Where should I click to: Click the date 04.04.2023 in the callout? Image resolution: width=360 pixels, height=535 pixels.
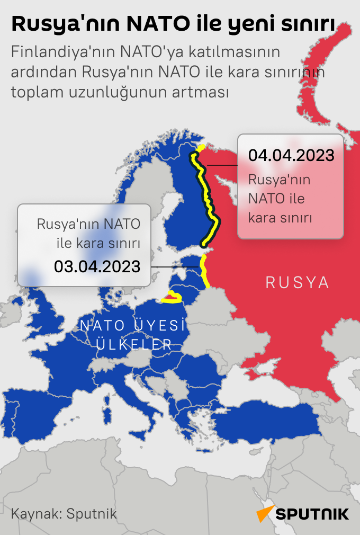point(291,155)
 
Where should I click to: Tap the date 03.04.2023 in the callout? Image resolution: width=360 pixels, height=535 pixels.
point(97,266)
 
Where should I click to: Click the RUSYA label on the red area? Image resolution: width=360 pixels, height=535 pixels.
point(297,283)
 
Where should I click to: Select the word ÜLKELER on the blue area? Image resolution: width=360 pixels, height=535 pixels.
point(133,345)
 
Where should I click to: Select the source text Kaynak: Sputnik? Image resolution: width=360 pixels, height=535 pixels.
point(64,513)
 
